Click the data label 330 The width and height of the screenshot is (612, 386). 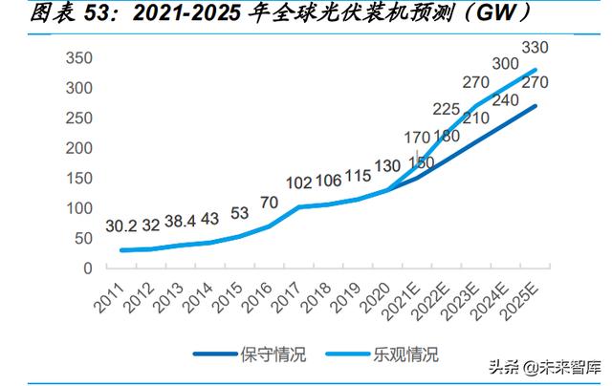[535, 48]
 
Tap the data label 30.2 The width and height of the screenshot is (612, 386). [121, 226]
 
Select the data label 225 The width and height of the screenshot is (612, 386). [447, 109]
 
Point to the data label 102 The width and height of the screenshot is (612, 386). [299, 183]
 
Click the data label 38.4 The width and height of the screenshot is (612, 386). [180, 222]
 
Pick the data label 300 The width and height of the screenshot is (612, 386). [506, 64]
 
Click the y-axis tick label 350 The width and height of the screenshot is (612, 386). [79, 58]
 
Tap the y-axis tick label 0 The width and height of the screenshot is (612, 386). [88, 268]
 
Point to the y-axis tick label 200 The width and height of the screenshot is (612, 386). [79, 148]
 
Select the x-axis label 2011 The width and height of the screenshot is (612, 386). [109, 298]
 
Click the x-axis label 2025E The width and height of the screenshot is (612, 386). [520, 301]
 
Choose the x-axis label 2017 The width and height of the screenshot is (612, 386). [286, 298]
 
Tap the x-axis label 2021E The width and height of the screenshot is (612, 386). [402, 301]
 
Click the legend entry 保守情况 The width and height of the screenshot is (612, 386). [251, 354]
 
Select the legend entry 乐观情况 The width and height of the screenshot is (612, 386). [382, 354]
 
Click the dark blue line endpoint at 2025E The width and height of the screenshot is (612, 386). [535, 106]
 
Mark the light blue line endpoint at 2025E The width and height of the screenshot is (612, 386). [535, 70]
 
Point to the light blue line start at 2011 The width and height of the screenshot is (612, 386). [121, 250]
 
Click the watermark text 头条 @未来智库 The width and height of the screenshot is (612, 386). [545, 368]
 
